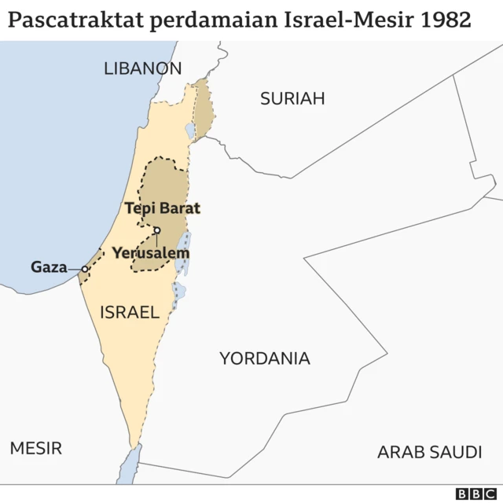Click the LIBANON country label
coord(142,68)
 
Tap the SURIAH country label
coord(292,98)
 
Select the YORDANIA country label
coord(264,358)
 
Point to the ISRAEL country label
coord(129,312)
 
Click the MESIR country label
coord(35,448)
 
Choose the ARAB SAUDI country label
coord(429,452)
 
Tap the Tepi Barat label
coord(163,208)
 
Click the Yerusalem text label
coord(150,254)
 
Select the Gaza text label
coord(49,267)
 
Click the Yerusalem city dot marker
coord(157,230)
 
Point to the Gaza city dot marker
coord(85,269)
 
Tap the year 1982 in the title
coord(446,19)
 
